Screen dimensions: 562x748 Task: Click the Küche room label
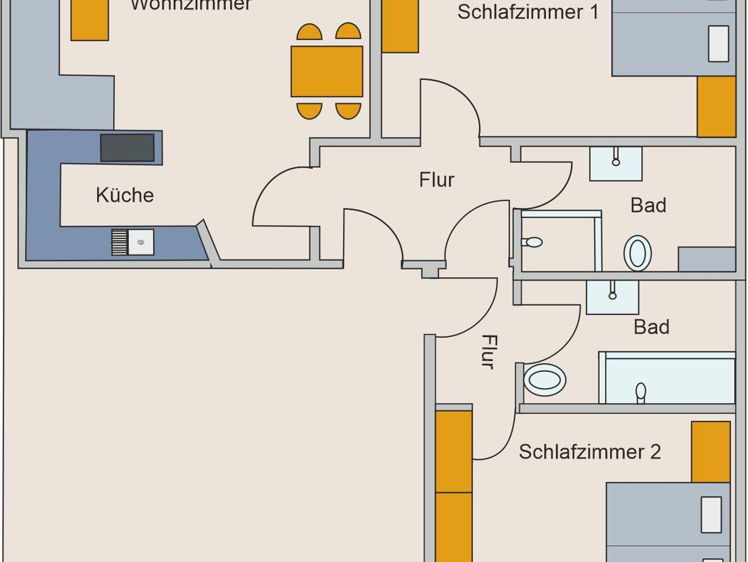tap(125, 195)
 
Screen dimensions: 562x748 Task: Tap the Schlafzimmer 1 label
tap(528, 12)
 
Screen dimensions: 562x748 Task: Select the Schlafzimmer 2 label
tap(589, 452)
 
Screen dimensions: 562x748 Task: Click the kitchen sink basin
tap(141, 242)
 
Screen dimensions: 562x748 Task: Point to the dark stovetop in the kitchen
tap(127, 148)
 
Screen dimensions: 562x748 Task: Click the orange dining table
tap(327, 71)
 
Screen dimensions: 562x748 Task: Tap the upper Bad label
tap(648, 205)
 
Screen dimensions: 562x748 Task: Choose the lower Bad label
tap(651, 327)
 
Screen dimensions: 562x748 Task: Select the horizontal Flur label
tap(436, 180)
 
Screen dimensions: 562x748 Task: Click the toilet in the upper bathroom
tap(637, 253)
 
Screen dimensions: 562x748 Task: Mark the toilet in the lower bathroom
tap(545, 380)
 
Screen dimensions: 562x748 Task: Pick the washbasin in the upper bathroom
tap(615, 164)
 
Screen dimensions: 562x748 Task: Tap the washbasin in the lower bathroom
tap(612, 297)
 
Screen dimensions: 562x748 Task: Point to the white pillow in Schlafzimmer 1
tap(718, 43)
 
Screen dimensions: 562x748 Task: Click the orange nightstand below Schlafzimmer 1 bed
tap(716, 106)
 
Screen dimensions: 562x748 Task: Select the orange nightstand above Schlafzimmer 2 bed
tap(710, 452)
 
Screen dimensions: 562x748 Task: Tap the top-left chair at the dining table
tap(309, 32)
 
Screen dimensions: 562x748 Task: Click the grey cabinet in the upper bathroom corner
tap(706, 259)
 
